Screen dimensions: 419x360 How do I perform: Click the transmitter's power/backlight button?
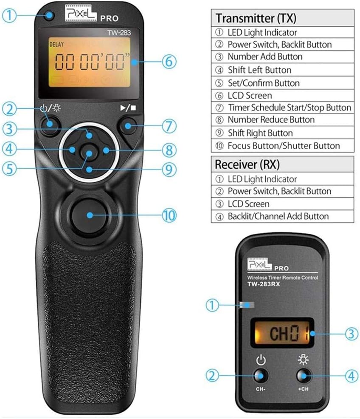[50, 124]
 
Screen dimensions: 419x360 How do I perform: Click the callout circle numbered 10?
[169, 215]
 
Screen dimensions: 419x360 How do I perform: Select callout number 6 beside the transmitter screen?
[169, 62]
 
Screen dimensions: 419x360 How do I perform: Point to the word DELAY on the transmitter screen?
[56, 44]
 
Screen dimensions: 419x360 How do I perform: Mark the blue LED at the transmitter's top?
[50, 17]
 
